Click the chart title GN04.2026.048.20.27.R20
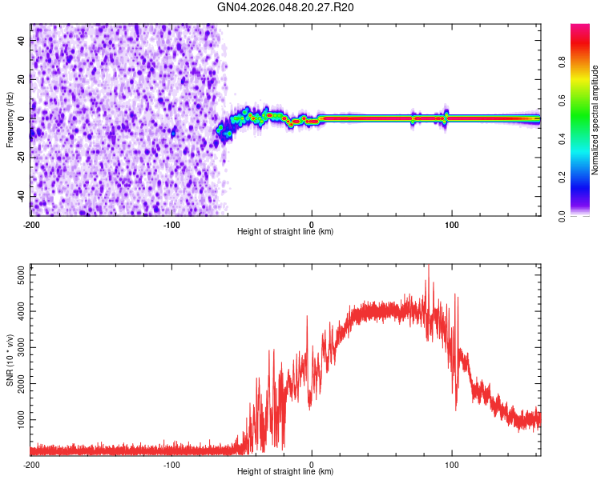tap(285, 7)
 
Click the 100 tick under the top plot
tap(452, 223)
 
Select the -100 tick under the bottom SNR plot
tap(171, 463)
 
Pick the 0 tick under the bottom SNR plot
tap(312, 463)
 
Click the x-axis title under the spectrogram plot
tap(285, 232)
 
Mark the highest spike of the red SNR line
tap(428, 266)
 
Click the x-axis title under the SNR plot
tap(285, 472)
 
